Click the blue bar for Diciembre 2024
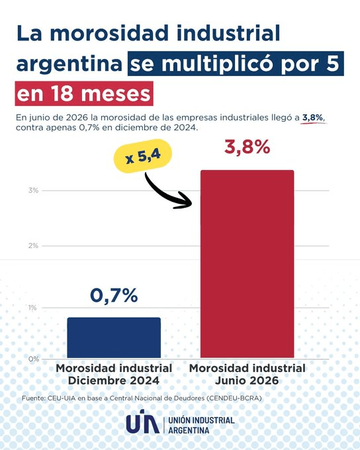[114, 337]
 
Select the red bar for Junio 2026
[247, 264]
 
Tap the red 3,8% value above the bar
[247, 147]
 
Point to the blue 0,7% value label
[114, 295]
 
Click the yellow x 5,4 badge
[143, 156]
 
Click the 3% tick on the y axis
[33, 191]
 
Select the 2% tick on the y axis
[33, 246]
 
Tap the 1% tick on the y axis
[32, 308]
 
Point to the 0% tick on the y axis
[33, 359]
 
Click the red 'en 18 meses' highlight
[84, 93]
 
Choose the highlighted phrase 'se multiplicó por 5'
[236, 64]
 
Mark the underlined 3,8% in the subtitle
[312, 118]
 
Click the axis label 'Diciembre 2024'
[114, 381]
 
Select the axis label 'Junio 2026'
[247, 381]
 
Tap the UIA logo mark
[143, 422]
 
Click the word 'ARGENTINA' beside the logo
[189, 430]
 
